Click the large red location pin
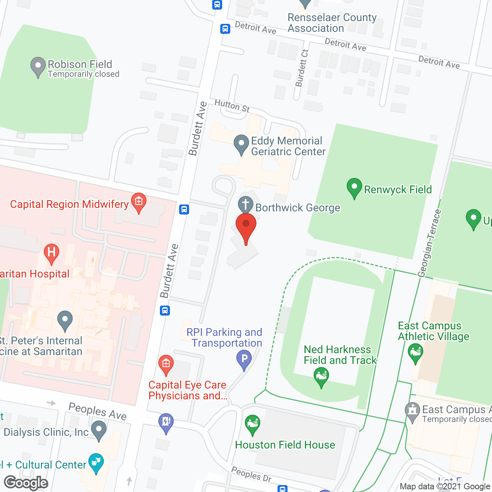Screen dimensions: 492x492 pos(246,227)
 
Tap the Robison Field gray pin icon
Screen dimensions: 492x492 pos(38,66)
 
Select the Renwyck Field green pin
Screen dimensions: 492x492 pos(354,188)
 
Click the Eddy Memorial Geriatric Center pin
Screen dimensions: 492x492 pos(241,145)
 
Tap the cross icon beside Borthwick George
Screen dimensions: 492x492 pos(246,205)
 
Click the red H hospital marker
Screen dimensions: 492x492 pos(52,253)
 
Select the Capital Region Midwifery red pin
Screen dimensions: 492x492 pos(139,202)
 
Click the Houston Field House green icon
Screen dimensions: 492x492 pos(253,424)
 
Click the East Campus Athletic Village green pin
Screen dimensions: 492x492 pos(416,352)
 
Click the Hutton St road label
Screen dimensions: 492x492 pos(232,106)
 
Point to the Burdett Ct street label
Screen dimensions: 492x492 pos(302,68)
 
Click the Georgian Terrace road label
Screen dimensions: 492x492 pos(429,243)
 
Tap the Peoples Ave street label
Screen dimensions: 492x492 pos(97,412)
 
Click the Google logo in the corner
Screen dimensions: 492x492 pos(26,483)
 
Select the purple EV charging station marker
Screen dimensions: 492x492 pos(166,422)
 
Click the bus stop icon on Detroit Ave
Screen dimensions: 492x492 pos(225,29)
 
